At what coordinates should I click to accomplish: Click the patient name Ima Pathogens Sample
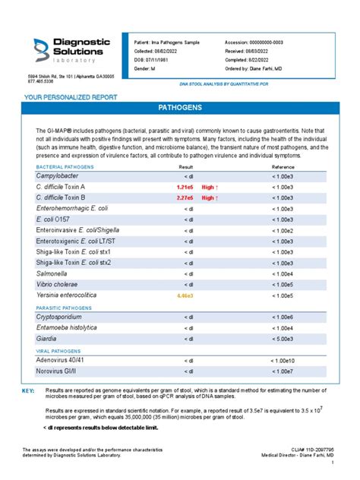click(x=176, y=43)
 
